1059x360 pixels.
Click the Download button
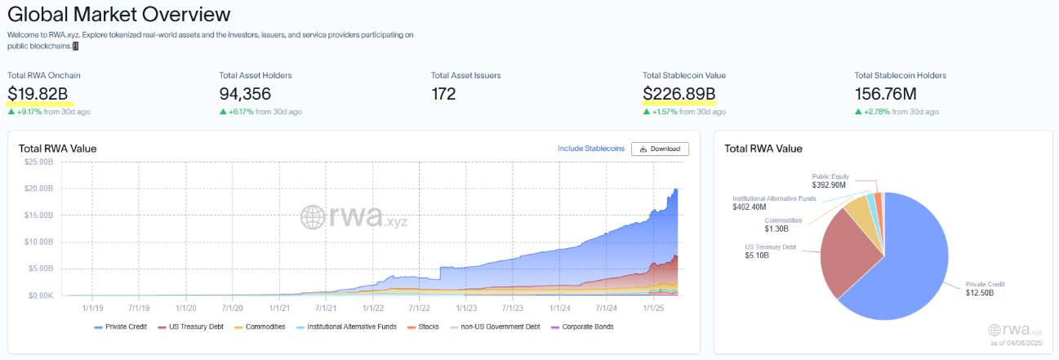tap(660, 149)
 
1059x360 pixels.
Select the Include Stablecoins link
tap(591, 149)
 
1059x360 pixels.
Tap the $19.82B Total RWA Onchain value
tap(38, 94)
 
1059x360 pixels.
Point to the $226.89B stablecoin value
tap(679, 94)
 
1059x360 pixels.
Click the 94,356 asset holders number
tap(245, 94)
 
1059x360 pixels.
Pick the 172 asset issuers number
tap(443, 94)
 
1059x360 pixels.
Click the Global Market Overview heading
tap(119, 14)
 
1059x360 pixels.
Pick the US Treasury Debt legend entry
tap(196, 327)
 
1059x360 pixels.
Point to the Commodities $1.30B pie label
tap(783, 225)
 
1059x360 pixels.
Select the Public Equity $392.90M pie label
tap(831, 180)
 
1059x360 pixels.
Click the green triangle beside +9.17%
tap(11, 112)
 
